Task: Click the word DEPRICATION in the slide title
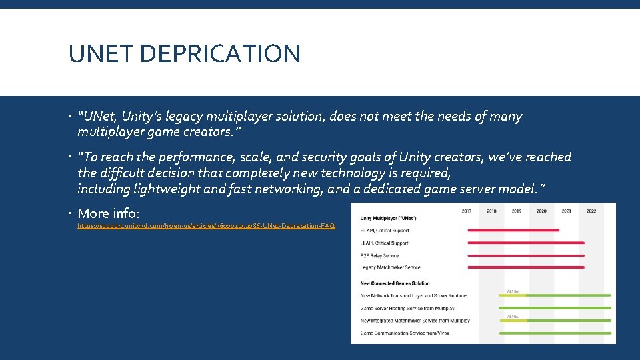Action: coord(222,53)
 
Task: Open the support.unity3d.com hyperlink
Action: coord(206,226)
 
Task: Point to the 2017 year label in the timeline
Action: coord(467,211)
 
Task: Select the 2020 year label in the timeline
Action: coord(541,211)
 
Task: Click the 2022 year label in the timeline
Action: coord(591,211)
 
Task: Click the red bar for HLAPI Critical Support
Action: coord(513,231)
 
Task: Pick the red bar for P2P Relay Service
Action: coord(526,255)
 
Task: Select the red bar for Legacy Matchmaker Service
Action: coord(526,267)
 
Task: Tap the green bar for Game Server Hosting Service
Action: coord(555,308)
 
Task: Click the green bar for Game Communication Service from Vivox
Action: coord(555,333)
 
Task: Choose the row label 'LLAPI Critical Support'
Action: coord(385,243)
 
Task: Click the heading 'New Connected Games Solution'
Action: coord(395,283)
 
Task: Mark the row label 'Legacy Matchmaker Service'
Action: coord(391,267)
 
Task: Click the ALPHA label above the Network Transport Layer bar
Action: coord(513,291)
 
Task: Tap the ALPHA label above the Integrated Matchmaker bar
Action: coord(513,316)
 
